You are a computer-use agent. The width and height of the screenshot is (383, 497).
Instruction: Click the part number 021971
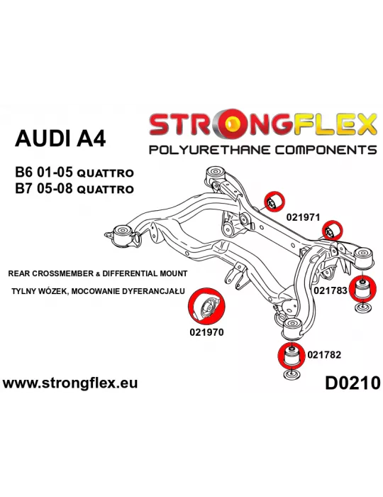(x=303, y=217)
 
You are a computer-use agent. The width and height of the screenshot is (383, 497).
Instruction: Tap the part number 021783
(x=331, y=290)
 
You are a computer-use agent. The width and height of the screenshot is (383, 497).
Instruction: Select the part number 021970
(x=206, y=332)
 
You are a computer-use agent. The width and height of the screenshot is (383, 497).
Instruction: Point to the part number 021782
(x=324, y=355)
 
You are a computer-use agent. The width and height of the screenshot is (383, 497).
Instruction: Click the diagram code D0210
(x=353, y=383)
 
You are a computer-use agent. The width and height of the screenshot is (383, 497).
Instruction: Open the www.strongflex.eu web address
(x=70, y=383)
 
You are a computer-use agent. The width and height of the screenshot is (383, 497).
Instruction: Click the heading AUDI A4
(x=60, y=138)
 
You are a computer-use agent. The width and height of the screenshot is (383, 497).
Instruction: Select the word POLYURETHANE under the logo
(x=209, y=149)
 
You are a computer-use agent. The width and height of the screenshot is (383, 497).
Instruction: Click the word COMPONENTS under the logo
(x=326, y=149)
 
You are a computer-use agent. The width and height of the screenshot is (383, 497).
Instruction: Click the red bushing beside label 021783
(x=363, y=288)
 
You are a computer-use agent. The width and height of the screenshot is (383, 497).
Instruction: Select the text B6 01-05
(x=44, y=173)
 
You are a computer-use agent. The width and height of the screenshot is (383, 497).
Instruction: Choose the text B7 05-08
(x=44, y=189)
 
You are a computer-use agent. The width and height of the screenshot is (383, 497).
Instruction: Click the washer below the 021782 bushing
(x=292, y=374)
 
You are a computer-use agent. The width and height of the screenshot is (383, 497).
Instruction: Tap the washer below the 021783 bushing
(x=363, y=307)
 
